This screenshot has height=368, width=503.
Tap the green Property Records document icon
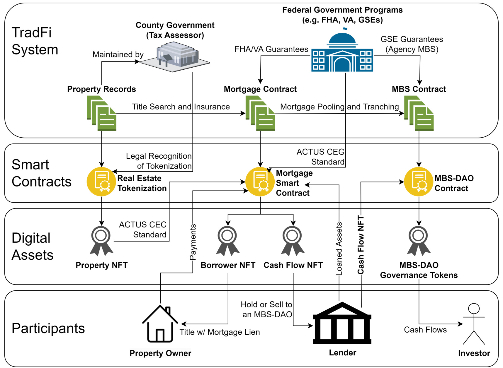(x=102, y=113)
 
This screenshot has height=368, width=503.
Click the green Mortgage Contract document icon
(x=260, y=113)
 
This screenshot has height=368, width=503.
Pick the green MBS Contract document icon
(x=419, y=113)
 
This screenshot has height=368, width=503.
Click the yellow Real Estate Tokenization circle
(x=101, y=182)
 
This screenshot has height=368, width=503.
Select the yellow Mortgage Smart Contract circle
(x=260, y=182)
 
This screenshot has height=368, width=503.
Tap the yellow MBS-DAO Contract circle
(x=419, y=182)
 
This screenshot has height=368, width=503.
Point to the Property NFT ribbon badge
(x=101, y=241)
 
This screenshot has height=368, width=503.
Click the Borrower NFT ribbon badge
(x=228, y=241)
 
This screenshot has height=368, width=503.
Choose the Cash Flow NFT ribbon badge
(x=293, y=241)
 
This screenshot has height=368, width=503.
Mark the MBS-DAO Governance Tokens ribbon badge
(x=419, y=241)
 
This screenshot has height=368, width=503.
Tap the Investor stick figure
(x=474, y=324)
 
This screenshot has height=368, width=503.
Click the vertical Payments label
(x=193, y=242)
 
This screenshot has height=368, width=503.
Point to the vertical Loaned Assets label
(x=339, y=249)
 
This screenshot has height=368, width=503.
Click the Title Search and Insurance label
(x=181, y=107)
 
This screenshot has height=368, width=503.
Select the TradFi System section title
(x=35, y=41)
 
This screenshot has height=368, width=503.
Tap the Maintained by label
(x=118, y=54)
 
